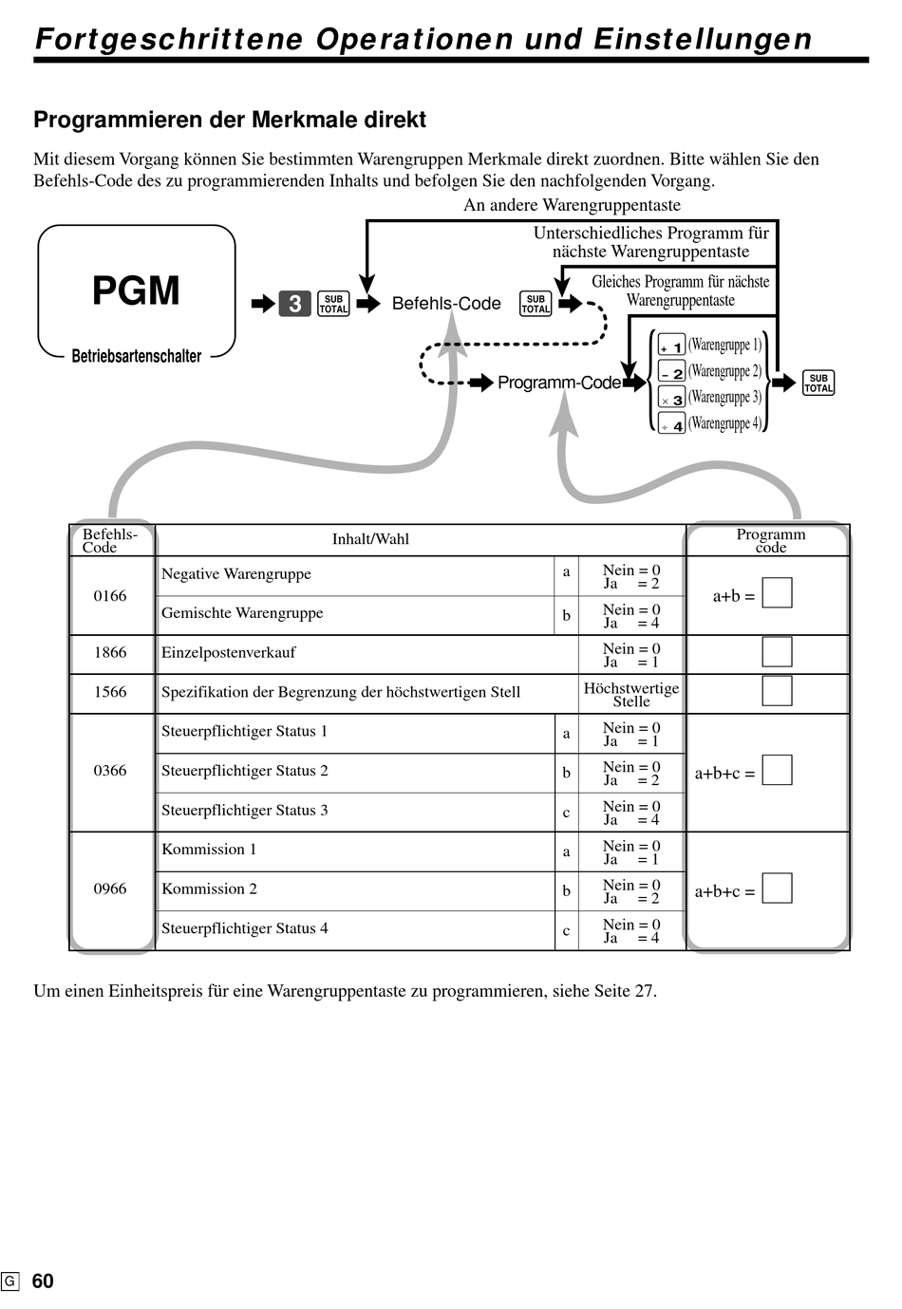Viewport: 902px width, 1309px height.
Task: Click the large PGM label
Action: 136,290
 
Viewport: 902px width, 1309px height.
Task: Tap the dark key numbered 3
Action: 294,304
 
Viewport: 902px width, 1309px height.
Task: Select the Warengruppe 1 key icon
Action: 671,345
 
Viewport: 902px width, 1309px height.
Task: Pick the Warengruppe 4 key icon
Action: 671,423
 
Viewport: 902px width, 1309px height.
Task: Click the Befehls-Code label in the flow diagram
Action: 446,304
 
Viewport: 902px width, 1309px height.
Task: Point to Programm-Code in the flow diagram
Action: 559,383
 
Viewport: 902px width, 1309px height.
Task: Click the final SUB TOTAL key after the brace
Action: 817,383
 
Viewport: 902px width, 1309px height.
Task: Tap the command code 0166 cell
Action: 110,595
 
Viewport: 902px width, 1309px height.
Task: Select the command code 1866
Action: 110,652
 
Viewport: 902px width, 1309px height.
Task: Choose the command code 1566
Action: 110,692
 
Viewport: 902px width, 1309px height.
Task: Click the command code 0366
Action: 110,770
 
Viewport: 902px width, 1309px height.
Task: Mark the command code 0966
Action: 110,888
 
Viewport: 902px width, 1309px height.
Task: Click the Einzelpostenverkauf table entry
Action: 229,653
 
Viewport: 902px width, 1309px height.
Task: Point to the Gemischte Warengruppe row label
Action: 242,613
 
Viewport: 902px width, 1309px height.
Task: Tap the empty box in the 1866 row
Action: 777,651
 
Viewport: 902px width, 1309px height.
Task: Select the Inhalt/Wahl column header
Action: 370,539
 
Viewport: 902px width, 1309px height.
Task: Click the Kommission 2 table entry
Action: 209,888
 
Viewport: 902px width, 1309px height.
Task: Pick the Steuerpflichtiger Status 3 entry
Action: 244,811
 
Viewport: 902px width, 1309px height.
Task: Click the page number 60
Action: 43,1281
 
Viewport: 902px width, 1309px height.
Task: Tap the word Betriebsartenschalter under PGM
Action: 136,356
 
